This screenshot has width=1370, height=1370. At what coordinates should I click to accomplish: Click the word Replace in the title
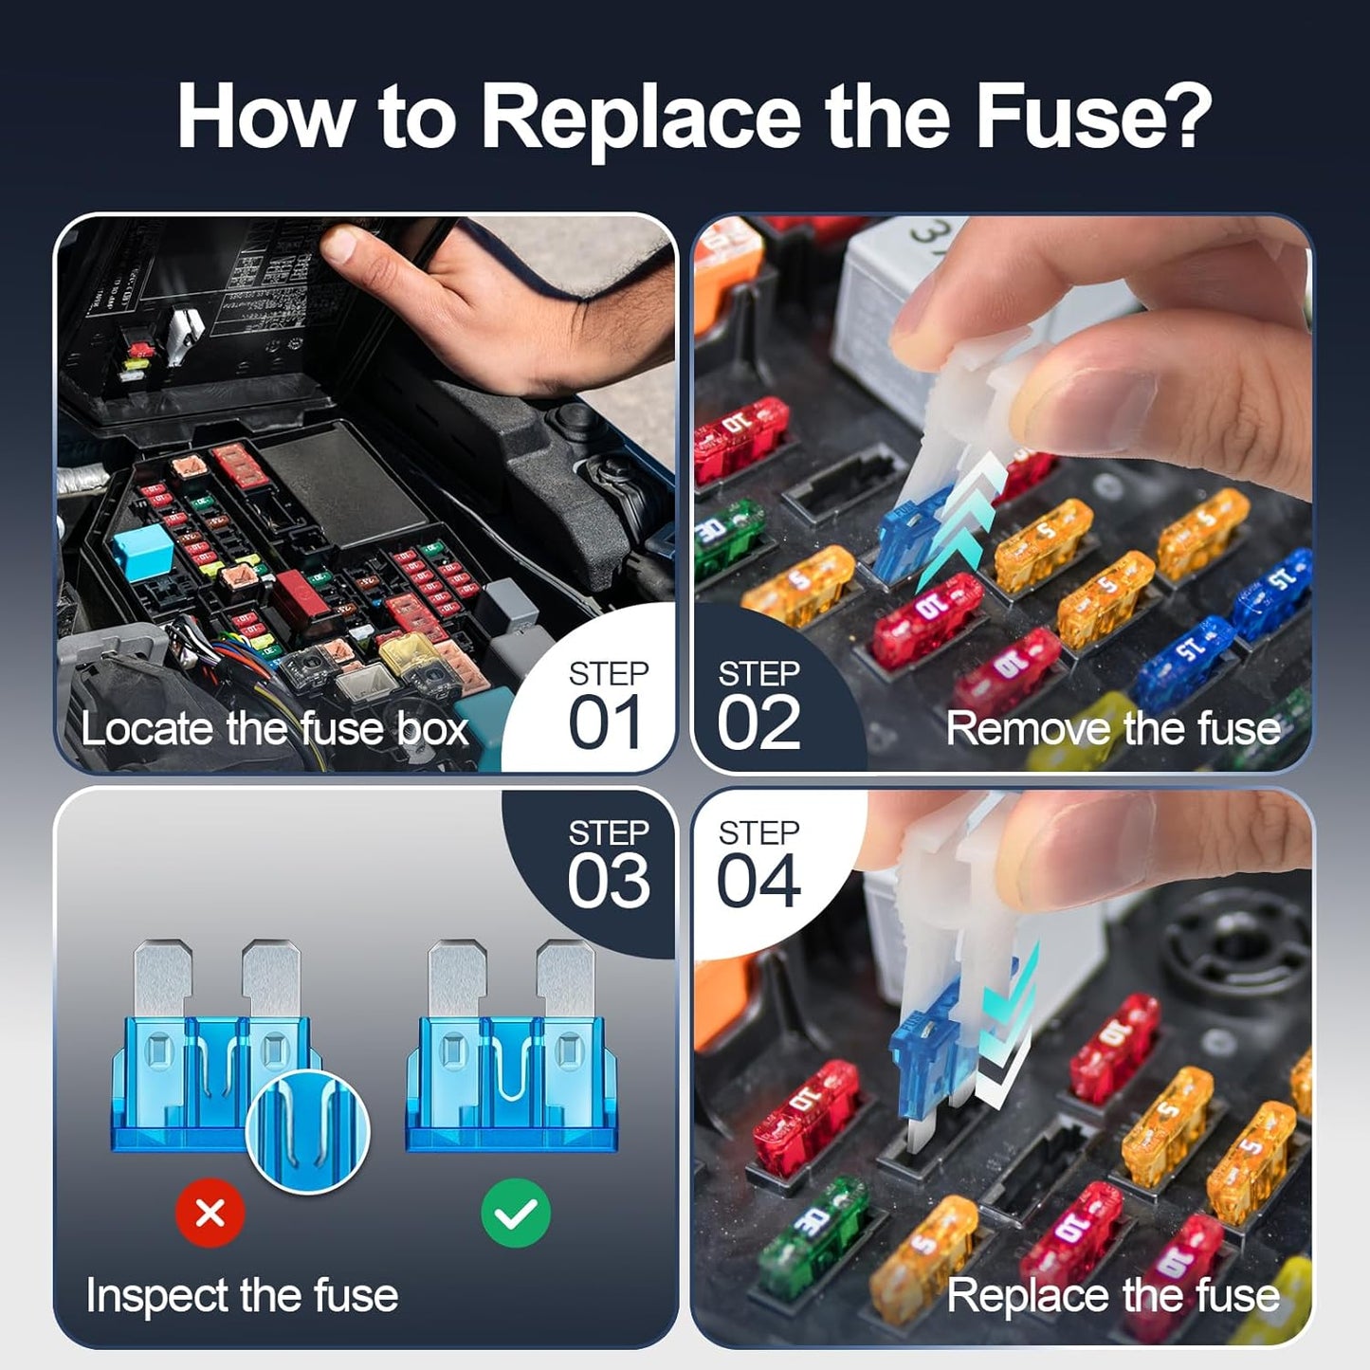tap(641, 118)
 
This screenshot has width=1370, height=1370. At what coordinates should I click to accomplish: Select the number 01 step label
tap(605, 723)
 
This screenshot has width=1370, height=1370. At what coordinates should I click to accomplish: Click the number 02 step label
tap(758, 723)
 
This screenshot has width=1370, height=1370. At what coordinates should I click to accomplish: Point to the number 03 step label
tap(609, 882)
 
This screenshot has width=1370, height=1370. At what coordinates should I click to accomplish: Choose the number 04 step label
tap(758, 882)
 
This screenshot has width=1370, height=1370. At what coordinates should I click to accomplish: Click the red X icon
tap(210, 1213)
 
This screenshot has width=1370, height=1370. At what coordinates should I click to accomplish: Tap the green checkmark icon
tap(515, 1213)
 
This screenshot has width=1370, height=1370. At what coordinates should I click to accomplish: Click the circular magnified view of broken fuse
tap(307, 1131)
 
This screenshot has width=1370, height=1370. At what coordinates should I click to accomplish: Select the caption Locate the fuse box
tap(274, 729)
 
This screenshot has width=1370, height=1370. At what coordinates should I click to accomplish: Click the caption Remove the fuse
tap(1112, 729)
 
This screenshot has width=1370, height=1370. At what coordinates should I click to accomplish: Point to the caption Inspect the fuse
tap(242, 1295)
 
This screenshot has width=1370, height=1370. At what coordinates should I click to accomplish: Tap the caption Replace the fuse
tap(1112, 1295)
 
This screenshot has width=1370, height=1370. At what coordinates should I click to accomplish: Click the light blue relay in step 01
tap(142, 551)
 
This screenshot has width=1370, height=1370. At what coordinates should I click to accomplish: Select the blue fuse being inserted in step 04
tap(924, 1062)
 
